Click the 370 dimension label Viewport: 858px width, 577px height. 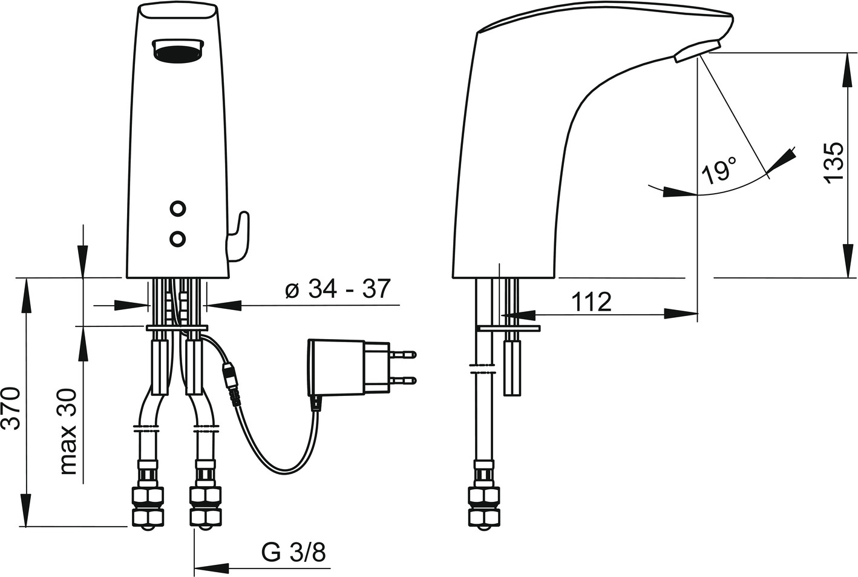11,408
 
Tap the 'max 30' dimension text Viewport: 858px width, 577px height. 68,432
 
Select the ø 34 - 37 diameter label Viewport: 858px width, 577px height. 338,289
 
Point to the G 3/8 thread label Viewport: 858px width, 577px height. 293,552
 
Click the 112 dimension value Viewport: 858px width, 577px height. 591,302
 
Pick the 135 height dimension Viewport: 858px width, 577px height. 833,163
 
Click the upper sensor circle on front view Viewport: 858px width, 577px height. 178,209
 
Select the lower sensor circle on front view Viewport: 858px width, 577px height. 178,239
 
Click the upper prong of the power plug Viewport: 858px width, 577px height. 403,354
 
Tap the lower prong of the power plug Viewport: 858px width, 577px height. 403,380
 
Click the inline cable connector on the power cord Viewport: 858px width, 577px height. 231,383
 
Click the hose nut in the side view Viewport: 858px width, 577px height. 484,506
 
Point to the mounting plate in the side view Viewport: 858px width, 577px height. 508,328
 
